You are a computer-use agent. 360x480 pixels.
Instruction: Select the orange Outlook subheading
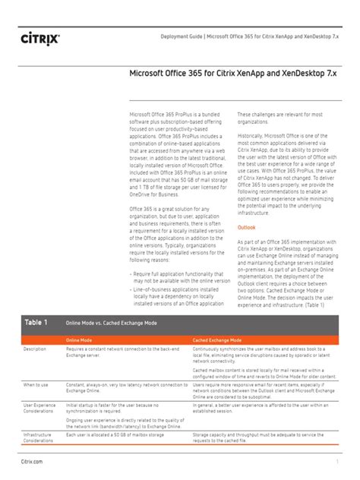tap(247, 227)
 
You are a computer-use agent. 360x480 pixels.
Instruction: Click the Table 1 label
tap(36, 322)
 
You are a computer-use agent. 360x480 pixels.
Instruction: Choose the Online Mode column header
tap(81, 339)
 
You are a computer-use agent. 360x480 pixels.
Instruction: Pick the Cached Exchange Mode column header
tap(217, 339)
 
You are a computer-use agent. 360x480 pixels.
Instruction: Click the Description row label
tap(35, 349)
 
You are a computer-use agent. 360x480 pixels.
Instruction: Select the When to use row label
tap(36, 385)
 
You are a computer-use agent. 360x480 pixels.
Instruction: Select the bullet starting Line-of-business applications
tap(176, 295)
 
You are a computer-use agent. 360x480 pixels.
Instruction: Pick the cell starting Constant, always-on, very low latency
tap(126, 388)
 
